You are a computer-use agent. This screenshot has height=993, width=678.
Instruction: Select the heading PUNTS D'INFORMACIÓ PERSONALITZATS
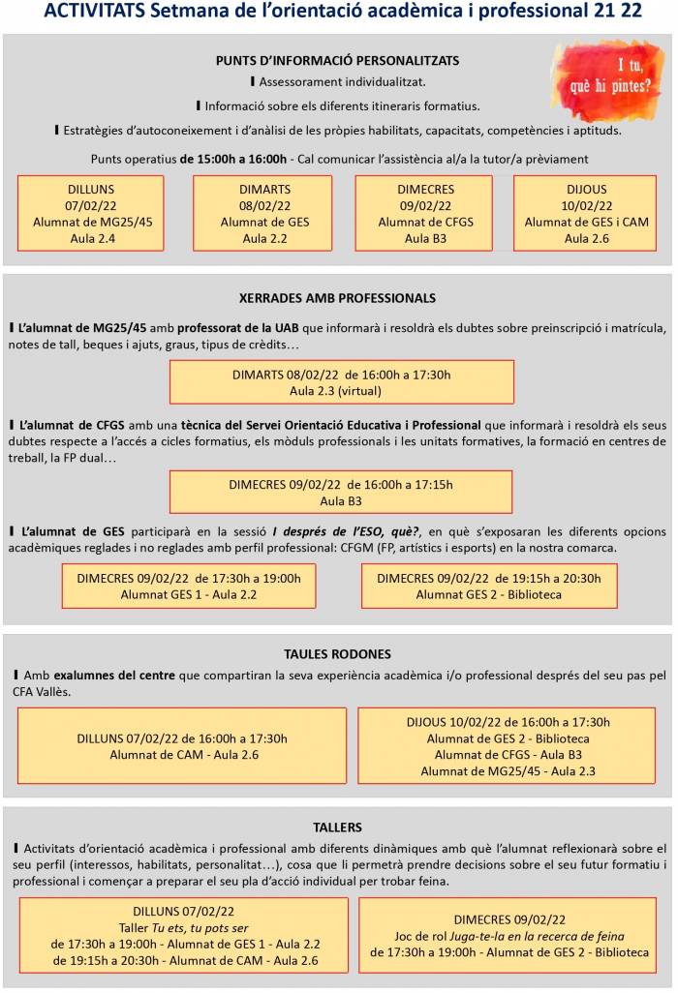tap(337, 60)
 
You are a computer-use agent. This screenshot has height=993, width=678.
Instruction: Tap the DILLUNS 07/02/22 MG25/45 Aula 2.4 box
tap(90, 213)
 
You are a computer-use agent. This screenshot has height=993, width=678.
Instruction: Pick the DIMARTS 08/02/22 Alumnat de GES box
tap(262, 213)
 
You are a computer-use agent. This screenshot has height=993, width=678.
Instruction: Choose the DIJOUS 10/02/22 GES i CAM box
tap(587, 213)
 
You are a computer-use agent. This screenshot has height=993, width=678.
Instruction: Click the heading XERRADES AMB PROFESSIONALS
tap(337, 298)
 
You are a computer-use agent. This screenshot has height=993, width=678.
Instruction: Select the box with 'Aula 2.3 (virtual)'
tap(341, 382)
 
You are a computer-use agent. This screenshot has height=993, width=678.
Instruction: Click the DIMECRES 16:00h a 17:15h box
tap(341, 493)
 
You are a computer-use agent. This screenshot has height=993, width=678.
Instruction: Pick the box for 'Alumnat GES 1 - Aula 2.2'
tap(188, 586)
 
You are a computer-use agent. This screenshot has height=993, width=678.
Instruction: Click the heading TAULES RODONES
tap(337, 654)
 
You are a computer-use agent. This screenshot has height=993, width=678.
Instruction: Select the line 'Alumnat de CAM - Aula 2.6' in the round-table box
tap(182, 755)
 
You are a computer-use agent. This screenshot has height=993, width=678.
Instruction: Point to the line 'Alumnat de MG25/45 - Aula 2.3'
tap(508, 771)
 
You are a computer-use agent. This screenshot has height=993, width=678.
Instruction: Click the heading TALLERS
tap(337, 827)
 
